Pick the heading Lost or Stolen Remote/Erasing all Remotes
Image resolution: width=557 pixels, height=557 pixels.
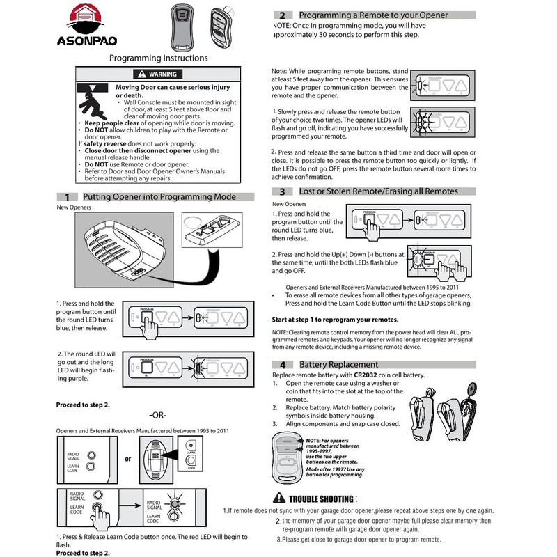pos(378,191)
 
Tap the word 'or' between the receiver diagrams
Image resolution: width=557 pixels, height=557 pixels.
pos(127,460)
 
